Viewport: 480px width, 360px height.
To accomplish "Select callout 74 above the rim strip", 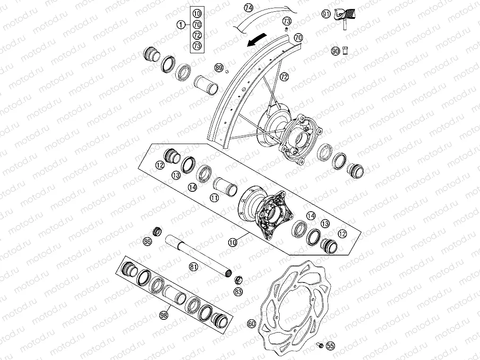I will pos(249,8).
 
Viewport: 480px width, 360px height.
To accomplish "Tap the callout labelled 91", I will pos(326,14).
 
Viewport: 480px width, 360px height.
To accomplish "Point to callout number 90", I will pos(335,51).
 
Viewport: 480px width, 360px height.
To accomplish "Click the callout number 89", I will pos(218,68).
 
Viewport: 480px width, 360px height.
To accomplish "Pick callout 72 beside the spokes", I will pos(284,76).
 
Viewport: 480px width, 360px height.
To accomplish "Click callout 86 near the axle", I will pos(147,241).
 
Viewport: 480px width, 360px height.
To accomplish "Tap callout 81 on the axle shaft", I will pos(193,267).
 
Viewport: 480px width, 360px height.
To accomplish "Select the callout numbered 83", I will pos(238,292).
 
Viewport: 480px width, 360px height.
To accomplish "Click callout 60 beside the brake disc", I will pos(251,324).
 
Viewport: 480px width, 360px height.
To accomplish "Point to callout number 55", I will pos(330,346).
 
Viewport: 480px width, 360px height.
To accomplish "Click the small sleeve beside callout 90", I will pos(345,51).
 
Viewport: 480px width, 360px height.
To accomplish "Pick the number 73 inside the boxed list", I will pos(197,45).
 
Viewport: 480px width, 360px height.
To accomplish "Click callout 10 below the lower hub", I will pos(232,242).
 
